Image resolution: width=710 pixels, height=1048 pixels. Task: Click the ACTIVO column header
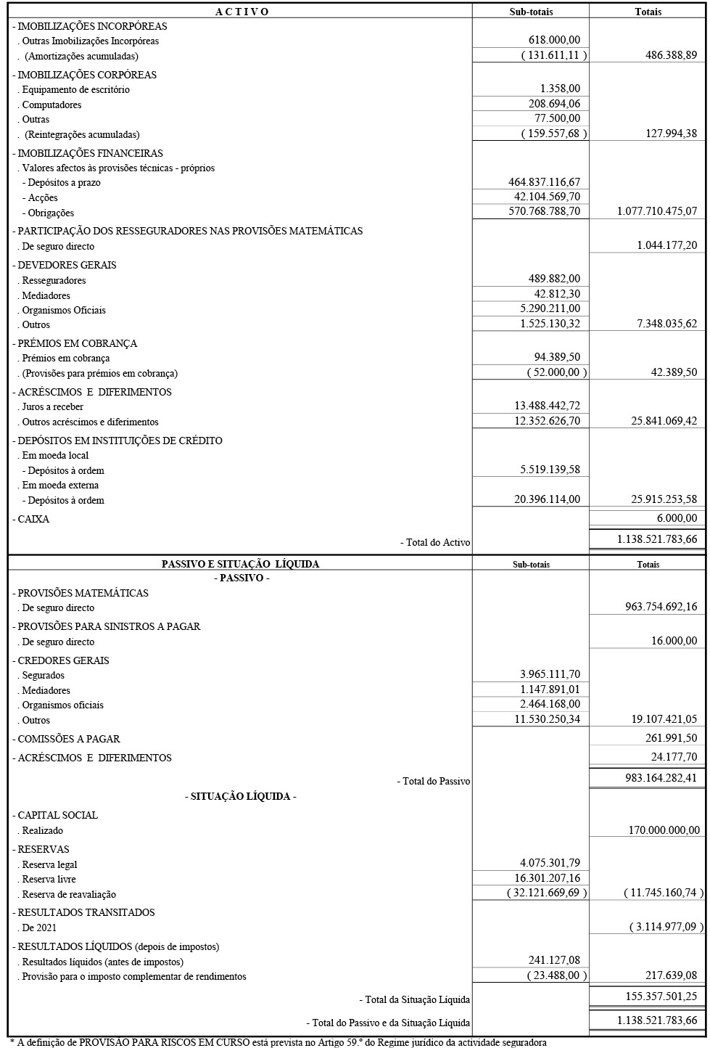coord(242,12)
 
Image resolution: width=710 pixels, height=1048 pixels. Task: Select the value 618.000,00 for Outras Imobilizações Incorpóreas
coord(555,41)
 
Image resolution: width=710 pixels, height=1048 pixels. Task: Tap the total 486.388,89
coord(671,55)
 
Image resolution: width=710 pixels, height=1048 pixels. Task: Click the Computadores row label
coord(51,105)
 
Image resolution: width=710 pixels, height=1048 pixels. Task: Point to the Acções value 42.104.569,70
coord(547,197)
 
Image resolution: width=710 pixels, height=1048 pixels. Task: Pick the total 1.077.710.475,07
coord(657,212)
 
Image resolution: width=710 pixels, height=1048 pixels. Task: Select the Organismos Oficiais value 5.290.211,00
coord(550,308)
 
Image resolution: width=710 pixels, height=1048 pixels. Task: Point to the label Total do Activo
coord(435,542)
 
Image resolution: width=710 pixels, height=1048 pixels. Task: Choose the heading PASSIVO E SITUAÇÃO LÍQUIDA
coord(240,564)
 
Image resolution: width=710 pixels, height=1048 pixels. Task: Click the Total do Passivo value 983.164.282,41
coord(661,778)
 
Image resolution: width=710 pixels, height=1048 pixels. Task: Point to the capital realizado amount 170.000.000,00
coord(664,830)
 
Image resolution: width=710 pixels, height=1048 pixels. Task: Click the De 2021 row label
coord(40,928)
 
